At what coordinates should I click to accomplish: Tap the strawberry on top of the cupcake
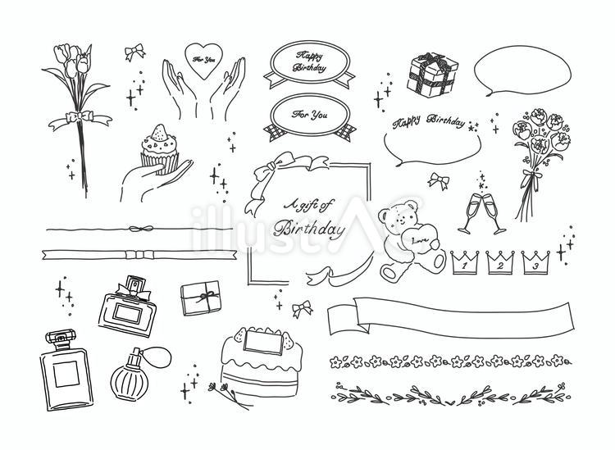pyautogui.click(x=158, y=130)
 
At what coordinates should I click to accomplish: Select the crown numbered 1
pyautogui.click(x=463, y=264)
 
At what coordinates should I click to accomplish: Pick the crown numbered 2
pyautogui.click(x=499, y=264)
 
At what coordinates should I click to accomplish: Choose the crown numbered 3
pyautogui.click(x=535, y=264)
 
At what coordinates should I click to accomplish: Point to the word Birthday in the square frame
pyautogui.click(x=312, y=229)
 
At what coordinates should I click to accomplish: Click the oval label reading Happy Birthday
pyautogui.click(x=307, y=61)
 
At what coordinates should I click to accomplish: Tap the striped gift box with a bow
pyautogui.click(x=431, y=75)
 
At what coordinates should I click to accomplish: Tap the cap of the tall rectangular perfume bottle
pyautogui.click(x=58, y=339)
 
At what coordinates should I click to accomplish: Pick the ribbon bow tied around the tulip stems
pyautogui.click(x=79, y=119)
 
